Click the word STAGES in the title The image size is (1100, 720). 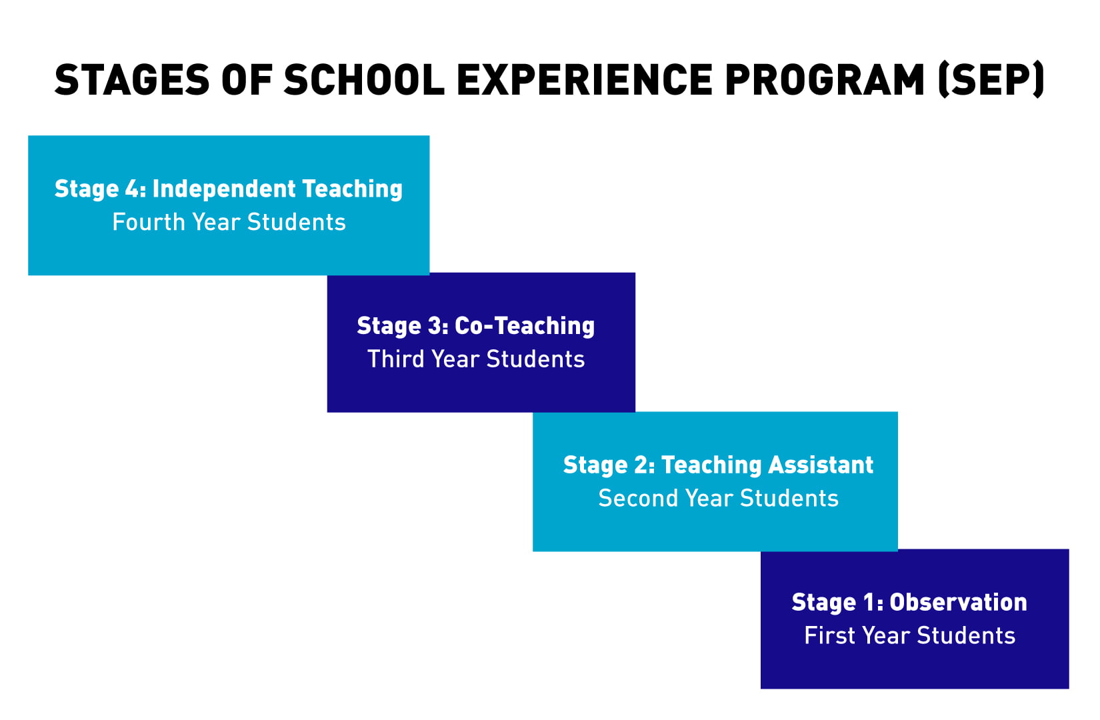(132, 79)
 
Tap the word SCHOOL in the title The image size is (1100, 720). (364, 79)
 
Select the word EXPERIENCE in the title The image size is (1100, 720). (585, 79)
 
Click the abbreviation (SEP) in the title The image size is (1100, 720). (991, 79)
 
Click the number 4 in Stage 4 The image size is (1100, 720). (133, 189)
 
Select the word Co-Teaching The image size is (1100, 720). (525, 326)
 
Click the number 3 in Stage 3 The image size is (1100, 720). (435, 325)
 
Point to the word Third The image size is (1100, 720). (396, 359)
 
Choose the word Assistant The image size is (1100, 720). (821, 465)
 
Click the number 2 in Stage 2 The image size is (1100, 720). (641, 465)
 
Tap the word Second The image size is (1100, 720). (638, 498)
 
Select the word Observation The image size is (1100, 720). (958, 602)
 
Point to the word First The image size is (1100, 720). (830, 635)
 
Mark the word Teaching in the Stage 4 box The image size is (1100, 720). (352, 189)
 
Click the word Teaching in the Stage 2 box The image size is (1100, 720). (711, 465)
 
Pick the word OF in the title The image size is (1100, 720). (247, 79)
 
